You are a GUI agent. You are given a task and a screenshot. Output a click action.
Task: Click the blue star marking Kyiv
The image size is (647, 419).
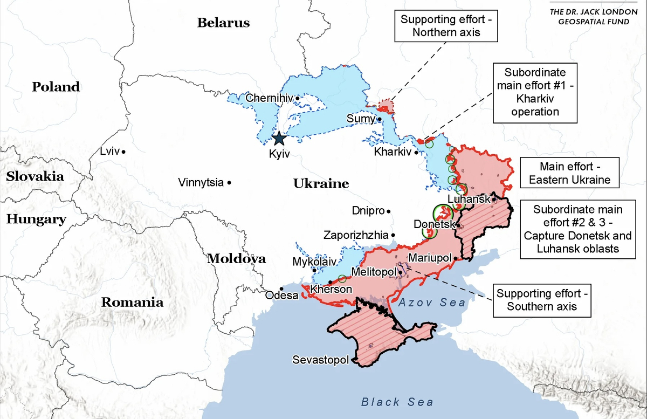(x=279, y=139)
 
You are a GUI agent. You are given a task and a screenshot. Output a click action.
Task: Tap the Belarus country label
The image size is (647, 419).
(x=223, y=23)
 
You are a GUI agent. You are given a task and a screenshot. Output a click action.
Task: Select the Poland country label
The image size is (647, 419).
(x=56, y=87)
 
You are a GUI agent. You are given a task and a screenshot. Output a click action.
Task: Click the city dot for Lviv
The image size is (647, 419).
(x=123, y=152)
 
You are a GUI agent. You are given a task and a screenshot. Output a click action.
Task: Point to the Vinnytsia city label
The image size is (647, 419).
(x=201, y=183)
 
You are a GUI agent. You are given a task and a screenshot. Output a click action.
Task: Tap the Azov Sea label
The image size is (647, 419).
(x=432, y=303)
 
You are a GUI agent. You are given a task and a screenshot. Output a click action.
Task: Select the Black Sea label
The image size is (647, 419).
(x=397, y=402)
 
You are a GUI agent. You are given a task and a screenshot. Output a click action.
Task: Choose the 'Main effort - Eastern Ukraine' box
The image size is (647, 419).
(x=569, y=173)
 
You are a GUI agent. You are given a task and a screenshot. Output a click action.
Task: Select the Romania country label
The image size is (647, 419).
(x=132, y=302)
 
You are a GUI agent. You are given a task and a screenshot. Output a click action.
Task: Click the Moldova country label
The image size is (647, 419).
(x=236, y=258)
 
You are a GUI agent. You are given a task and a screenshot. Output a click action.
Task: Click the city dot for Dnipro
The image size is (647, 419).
(x=389, y=211)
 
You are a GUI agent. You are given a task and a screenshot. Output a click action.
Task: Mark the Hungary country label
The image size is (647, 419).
(x=36, y=219)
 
